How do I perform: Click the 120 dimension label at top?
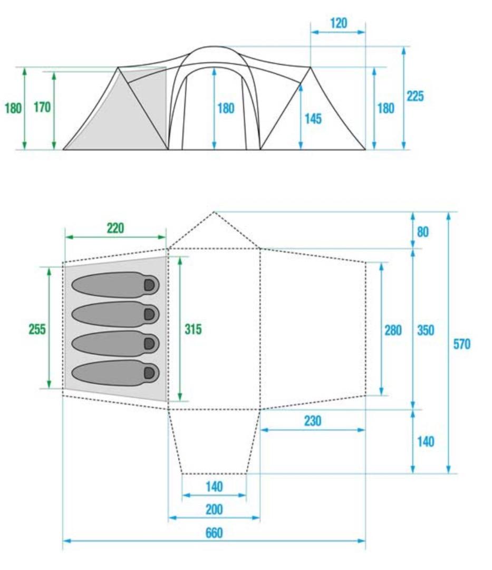(339, 23)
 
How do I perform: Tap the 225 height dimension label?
(415, 97)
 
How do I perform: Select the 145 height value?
(313, 119)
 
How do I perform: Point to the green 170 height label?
(42, 107)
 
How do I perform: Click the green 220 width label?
(115, 229)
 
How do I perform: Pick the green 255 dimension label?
(37, 329)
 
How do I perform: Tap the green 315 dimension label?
(193, 329)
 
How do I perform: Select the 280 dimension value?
(393, 330)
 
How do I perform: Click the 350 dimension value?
(426, 330)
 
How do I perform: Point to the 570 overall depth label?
(461, 344)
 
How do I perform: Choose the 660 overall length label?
(214, 533)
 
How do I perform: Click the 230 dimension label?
(312, 421)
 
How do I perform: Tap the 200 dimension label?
(214, 510)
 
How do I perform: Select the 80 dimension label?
(422, 232)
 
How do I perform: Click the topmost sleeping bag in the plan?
(115, 284)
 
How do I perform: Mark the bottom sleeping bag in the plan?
(115, 373)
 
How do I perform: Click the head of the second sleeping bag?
(150, 314)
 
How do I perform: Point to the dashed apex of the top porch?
(214, 212)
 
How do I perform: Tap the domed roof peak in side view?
(214, 46)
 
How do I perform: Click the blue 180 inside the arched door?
(226, 108)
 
